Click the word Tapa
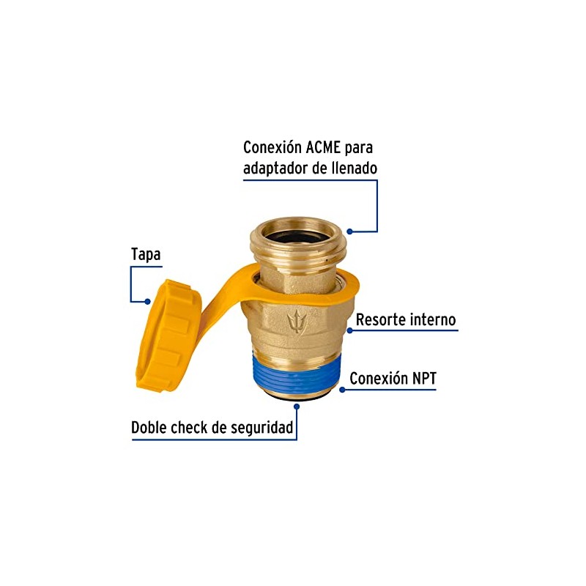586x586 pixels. point(146,255)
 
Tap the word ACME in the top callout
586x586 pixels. point(323,148)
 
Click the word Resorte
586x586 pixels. point(380,320)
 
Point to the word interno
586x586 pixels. point(433,320)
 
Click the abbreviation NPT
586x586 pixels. point(424,379)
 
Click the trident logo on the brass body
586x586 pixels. point(297,321)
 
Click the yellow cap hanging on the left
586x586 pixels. point(168,335)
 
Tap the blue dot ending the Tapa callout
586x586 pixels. point(148,301)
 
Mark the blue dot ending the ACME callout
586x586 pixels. point(349,231)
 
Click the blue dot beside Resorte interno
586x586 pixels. point(350,330)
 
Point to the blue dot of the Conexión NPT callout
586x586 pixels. point(342,390)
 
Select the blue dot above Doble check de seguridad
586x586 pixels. point(297,407)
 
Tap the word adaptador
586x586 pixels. point(275,168)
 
